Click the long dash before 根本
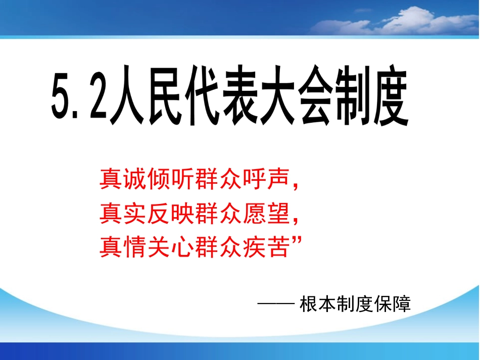(x=275, y=304)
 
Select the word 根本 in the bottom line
(x=314, y=304)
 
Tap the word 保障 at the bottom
(x=394, y=304)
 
